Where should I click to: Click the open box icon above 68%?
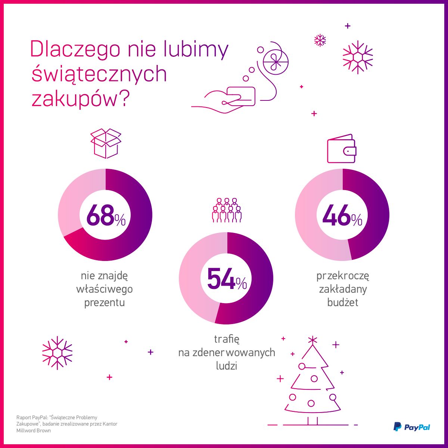coord(106,143)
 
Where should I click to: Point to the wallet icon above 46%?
coord(342,149)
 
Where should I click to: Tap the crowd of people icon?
coord(227,210)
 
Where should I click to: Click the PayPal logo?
coord(412,427)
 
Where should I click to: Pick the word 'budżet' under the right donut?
coord(343,302)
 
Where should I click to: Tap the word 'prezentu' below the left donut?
coord(105,302)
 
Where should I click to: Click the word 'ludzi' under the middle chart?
coord(227,365)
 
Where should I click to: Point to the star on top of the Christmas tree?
coord(312,339)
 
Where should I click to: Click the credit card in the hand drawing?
coord(241,96)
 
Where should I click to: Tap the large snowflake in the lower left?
coord(57,353)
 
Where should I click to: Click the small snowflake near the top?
coord(320,40)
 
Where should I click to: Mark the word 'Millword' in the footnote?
coord(26,430)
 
